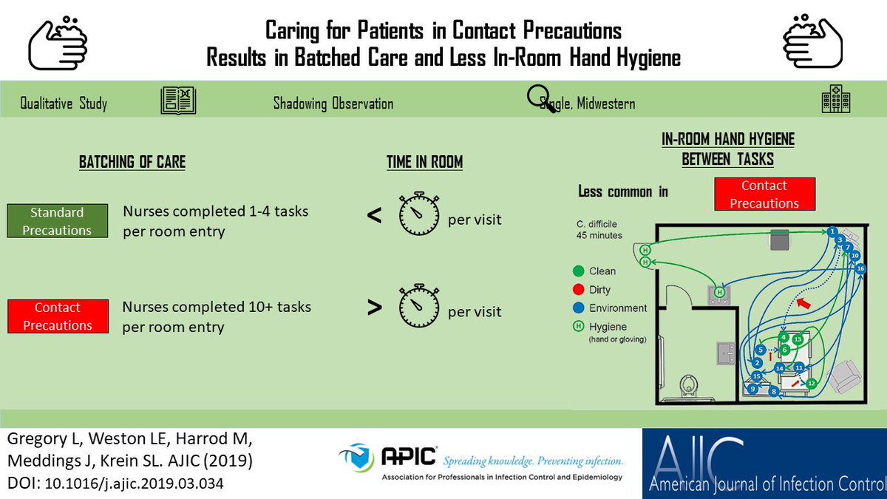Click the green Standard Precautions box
tap(57, 221)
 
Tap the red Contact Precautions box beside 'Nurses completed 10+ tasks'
tap(57, 316)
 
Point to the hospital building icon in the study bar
tap(835, 103)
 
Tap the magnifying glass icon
tap(540, 98)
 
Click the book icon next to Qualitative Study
tap(178, 101)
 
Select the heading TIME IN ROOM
tap(424, 163)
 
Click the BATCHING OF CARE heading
tap(132, 163)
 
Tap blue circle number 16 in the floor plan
tap(860, 269)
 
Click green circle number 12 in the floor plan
tap(811, 383)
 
